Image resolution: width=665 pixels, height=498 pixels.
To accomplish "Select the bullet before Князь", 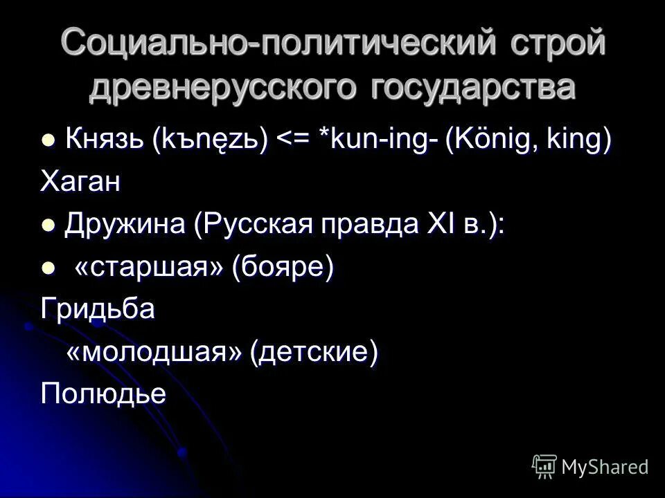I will click(x=48, y=140).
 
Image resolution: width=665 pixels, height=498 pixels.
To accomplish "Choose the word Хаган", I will click(x=80, y=182).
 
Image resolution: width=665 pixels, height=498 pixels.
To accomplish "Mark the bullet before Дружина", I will click(x=48, y=225).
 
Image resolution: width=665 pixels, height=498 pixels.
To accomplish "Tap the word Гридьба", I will click(x=98, y=309).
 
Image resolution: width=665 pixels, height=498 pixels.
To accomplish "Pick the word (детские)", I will click(x=316, y=352).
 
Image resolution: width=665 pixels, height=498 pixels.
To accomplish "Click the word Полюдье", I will click(x=104, y=394).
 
